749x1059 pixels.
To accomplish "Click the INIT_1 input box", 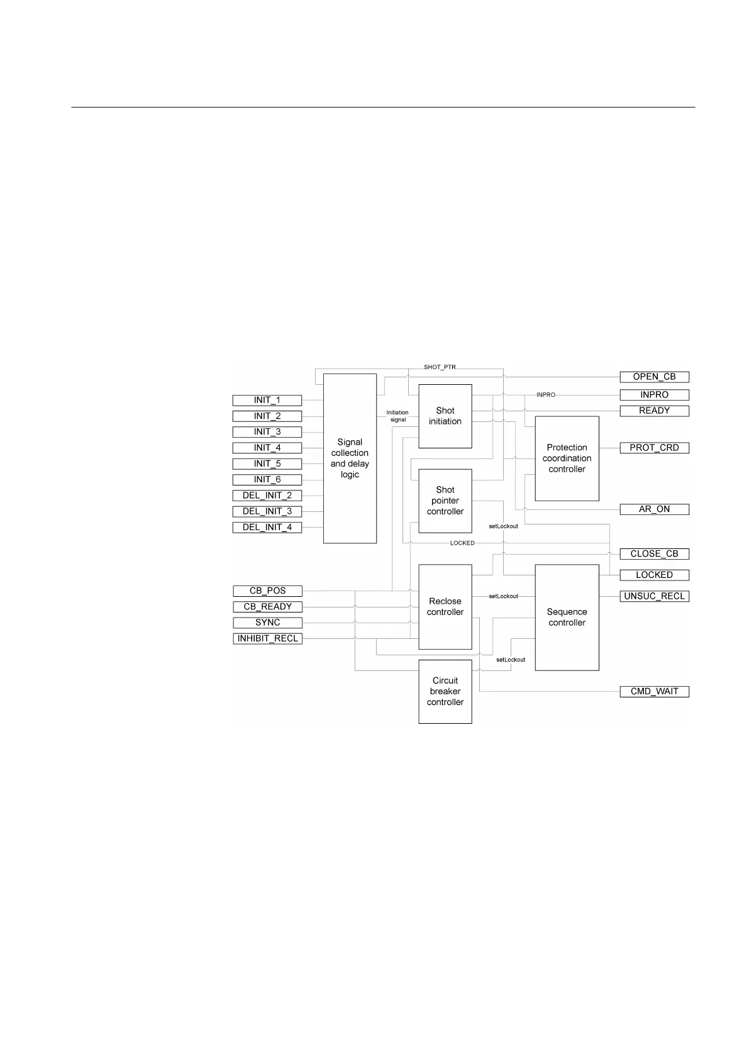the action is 267,400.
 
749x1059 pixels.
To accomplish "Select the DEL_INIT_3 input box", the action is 267,511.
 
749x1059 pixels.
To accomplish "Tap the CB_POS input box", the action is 267,591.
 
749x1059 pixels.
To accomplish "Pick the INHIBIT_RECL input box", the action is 267,638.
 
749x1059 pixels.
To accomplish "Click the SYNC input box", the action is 267,623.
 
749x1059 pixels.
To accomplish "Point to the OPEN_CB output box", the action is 654,377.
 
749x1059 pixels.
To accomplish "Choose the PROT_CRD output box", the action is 654,448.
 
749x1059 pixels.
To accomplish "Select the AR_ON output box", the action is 654,509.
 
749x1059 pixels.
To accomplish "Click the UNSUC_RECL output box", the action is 654,596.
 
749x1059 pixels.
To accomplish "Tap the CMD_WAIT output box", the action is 654,691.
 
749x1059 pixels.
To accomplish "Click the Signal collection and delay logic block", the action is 350,458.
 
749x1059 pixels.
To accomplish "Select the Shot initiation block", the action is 445,416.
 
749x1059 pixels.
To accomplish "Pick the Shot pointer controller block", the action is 445,501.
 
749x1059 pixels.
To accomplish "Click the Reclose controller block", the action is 445,607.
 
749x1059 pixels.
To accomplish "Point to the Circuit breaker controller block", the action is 445,691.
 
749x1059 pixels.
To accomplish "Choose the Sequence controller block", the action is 567,617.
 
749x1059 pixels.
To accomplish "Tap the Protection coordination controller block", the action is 567,458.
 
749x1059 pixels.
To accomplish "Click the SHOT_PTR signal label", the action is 440,367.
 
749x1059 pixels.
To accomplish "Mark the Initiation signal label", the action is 397,416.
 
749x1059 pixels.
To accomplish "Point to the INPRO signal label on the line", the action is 545,395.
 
